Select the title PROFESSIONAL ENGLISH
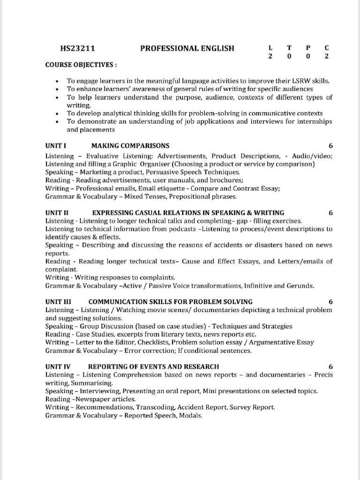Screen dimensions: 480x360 coord(187,48)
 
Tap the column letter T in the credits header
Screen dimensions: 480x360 coord(289,48)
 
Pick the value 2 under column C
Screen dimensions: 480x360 coord(327,56)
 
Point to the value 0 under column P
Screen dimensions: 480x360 coord(308,56)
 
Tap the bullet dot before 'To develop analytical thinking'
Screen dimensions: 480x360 coord(57,114)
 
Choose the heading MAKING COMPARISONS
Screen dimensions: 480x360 coord(130,146)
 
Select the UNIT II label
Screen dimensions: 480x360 coord(57,212)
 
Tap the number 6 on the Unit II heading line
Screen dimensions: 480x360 coord(330,212)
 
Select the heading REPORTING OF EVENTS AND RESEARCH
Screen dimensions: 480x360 coord(153,367)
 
